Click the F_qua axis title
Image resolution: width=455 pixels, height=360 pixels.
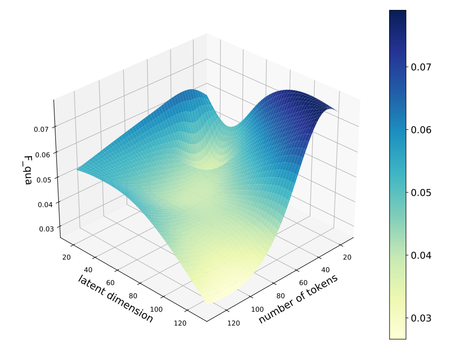coord(28,170)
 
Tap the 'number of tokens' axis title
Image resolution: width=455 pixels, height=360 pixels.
coord(298,299)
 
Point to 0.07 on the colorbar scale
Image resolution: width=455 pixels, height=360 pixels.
coord(421,67)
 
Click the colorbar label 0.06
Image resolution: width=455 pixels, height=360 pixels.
coord(421,130)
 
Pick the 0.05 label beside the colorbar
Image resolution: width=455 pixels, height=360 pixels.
coord(421,192)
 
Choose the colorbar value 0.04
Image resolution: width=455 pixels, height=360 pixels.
coord(421,255)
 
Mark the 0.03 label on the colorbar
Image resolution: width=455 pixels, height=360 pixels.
coord(421,318)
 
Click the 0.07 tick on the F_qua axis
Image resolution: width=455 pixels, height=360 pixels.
coord(41,129)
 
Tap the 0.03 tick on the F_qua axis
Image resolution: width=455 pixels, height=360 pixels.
coord(46,229)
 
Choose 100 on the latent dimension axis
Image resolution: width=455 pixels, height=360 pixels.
coord(156,310)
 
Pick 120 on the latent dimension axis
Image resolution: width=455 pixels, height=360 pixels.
coord(180,323)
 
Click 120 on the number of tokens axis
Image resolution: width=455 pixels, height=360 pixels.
coord(233,323)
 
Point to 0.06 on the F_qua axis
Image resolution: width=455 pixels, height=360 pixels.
coord(42,154)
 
